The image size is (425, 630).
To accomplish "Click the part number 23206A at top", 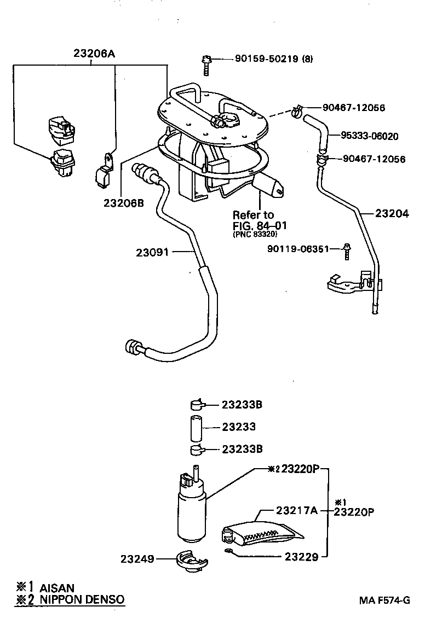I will pyautogui.click(x=94, y=54).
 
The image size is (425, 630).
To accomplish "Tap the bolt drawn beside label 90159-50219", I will pyautogui.click(x=206, y=65).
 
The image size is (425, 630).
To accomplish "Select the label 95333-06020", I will pyautogui.click(x=369, y=136).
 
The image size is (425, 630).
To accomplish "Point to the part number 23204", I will pyautogui.click(x=392, y=214).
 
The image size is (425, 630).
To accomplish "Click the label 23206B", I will pyautogui.click(x=123, y=202).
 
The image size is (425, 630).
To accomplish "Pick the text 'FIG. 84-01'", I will pyautogui.click(x=260, y=225).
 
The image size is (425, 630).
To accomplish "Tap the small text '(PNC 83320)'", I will pyautogui.click(x=255, y=234).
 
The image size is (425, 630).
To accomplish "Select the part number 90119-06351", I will pyautogui.click(x=298, y=249).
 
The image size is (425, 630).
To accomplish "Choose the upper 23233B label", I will pyautogui.click(x=242, y=405).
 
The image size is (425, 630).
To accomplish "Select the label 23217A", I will pyautogui.click(x=296, y=510).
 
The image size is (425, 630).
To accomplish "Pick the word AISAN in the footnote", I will pyautogui.click(x=56, y=588).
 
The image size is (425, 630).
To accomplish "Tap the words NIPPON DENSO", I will pyautogui.click(x=82, y=599).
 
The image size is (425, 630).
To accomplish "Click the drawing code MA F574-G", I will pyautogui.click(x=384, y=600).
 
